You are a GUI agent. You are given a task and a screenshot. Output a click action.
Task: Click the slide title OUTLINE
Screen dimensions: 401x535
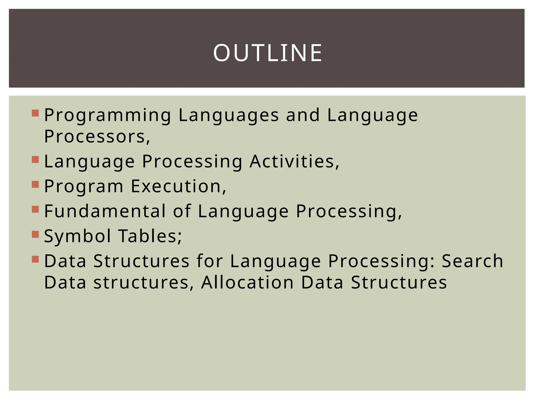coord(267,53)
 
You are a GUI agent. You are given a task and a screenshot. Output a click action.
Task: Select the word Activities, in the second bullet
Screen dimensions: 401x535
coord(294,161)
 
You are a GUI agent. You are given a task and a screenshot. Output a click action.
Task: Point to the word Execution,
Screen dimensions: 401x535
coord(178,186)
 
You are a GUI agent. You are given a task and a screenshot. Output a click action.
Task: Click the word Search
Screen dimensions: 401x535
coord(472,261)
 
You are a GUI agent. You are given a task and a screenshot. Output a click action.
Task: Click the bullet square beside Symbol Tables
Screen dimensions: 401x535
coord(35,234)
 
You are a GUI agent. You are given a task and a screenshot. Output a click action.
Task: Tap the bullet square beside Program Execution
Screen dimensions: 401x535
coord(35,185)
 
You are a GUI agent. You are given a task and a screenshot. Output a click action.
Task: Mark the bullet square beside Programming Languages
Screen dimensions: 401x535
coord(35,113)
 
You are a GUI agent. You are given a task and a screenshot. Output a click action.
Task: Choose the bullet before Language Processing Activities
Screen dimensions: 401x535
coord(35,160)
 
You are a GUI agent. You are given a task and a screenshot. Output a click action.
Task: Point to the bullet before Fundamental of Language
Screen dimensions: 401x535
coord(35,209)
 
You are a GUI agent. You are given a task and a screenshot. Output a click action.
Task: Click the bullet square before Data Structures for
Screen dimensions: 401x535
coord(35,259)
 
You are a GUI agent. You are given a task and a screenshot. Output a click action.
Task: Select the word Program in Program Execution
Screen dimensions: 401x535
coord(84,186)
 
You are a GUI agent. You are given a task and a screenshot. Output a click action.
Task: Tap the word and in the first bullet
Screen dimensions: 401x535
coord(303,115)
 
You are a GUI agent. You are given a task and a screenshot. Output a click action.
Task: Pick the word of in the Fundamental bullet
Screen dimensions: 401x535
coord(182,211)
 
